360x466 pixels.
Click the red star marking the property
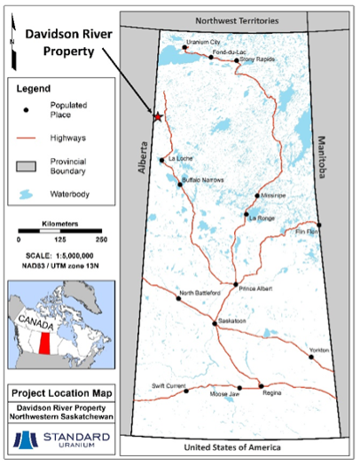(158, 117)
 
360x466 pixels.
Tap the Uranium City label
(203, 41)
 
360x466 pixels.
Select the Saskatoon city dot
(214, 324)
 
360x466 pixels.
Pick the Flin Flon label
(308, 233)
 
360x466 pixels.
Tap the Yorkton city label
(317, 351)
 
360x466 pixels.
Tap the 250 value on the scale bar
(101, 240)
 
